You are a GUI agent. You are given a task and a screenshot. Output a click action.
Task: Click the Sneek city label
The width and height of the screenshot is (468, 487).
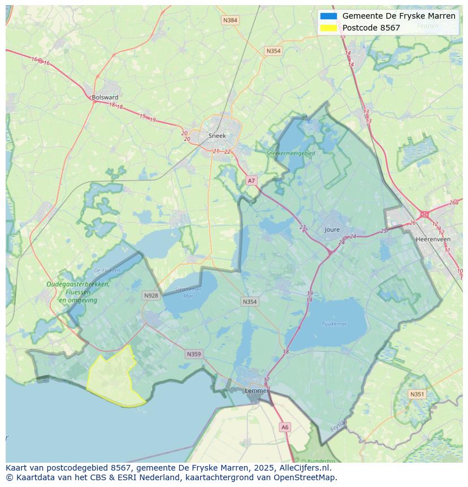[217, 136]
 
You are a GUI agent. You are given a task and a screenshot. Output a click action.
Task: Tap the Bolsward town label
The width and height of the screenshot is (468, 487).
[105, 97]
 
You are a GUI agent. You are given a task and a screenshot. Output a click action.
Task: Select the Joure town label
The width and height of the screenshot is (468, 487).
[332, 230]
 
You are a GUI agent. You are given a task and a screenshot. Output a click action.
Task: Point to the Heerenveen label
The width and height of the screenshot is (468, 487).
[433, 239]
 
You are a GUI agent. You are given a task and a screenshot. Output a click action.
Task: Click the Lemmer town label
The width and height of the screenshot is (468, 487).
[256, 391]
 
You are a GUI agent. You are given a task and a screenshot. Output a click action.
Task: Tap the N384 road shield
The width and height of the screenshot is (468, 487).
[230, 20]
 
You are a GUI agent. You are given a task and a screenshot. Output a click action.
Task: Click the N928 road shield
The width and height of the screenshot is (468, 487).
[151, 296]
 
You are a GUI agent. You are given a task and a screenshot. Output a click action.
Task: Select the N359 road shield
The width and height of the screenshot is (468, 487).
[193, 354]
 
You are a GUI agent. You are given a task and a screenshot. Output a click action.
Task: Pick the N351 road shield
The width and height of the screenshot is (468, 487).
[417, 394]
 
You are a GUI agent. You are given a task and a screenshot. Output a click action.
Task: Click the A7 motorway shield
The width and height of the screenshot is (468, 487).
[252, 181]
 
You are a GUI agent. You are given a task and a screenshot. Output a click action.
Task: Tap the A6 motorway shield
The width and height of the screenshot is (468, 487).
[285, 428]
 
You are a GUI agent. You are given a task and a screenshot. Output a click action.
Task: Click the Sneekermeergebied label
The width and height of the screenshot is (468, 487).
[291, 153]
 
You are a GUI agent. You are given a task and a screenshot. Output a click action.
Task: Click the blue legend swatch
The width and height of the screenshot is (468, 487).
[328, 16]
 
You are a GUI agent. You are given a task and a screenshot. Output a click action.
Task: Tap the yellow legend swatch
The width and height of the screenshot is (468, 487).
[328, 28]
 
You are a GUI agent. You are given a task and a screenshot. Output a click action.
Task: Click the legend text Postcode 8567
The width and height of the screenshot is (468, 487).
[371, 28]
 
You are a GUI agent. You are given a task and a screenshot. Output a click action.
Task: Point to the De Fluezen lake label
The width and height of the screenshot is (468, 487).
[107, 270]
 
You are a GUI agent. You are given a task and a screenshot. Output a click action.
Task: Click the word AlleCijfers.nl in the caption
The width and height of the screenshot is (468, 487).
[305, 468]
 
